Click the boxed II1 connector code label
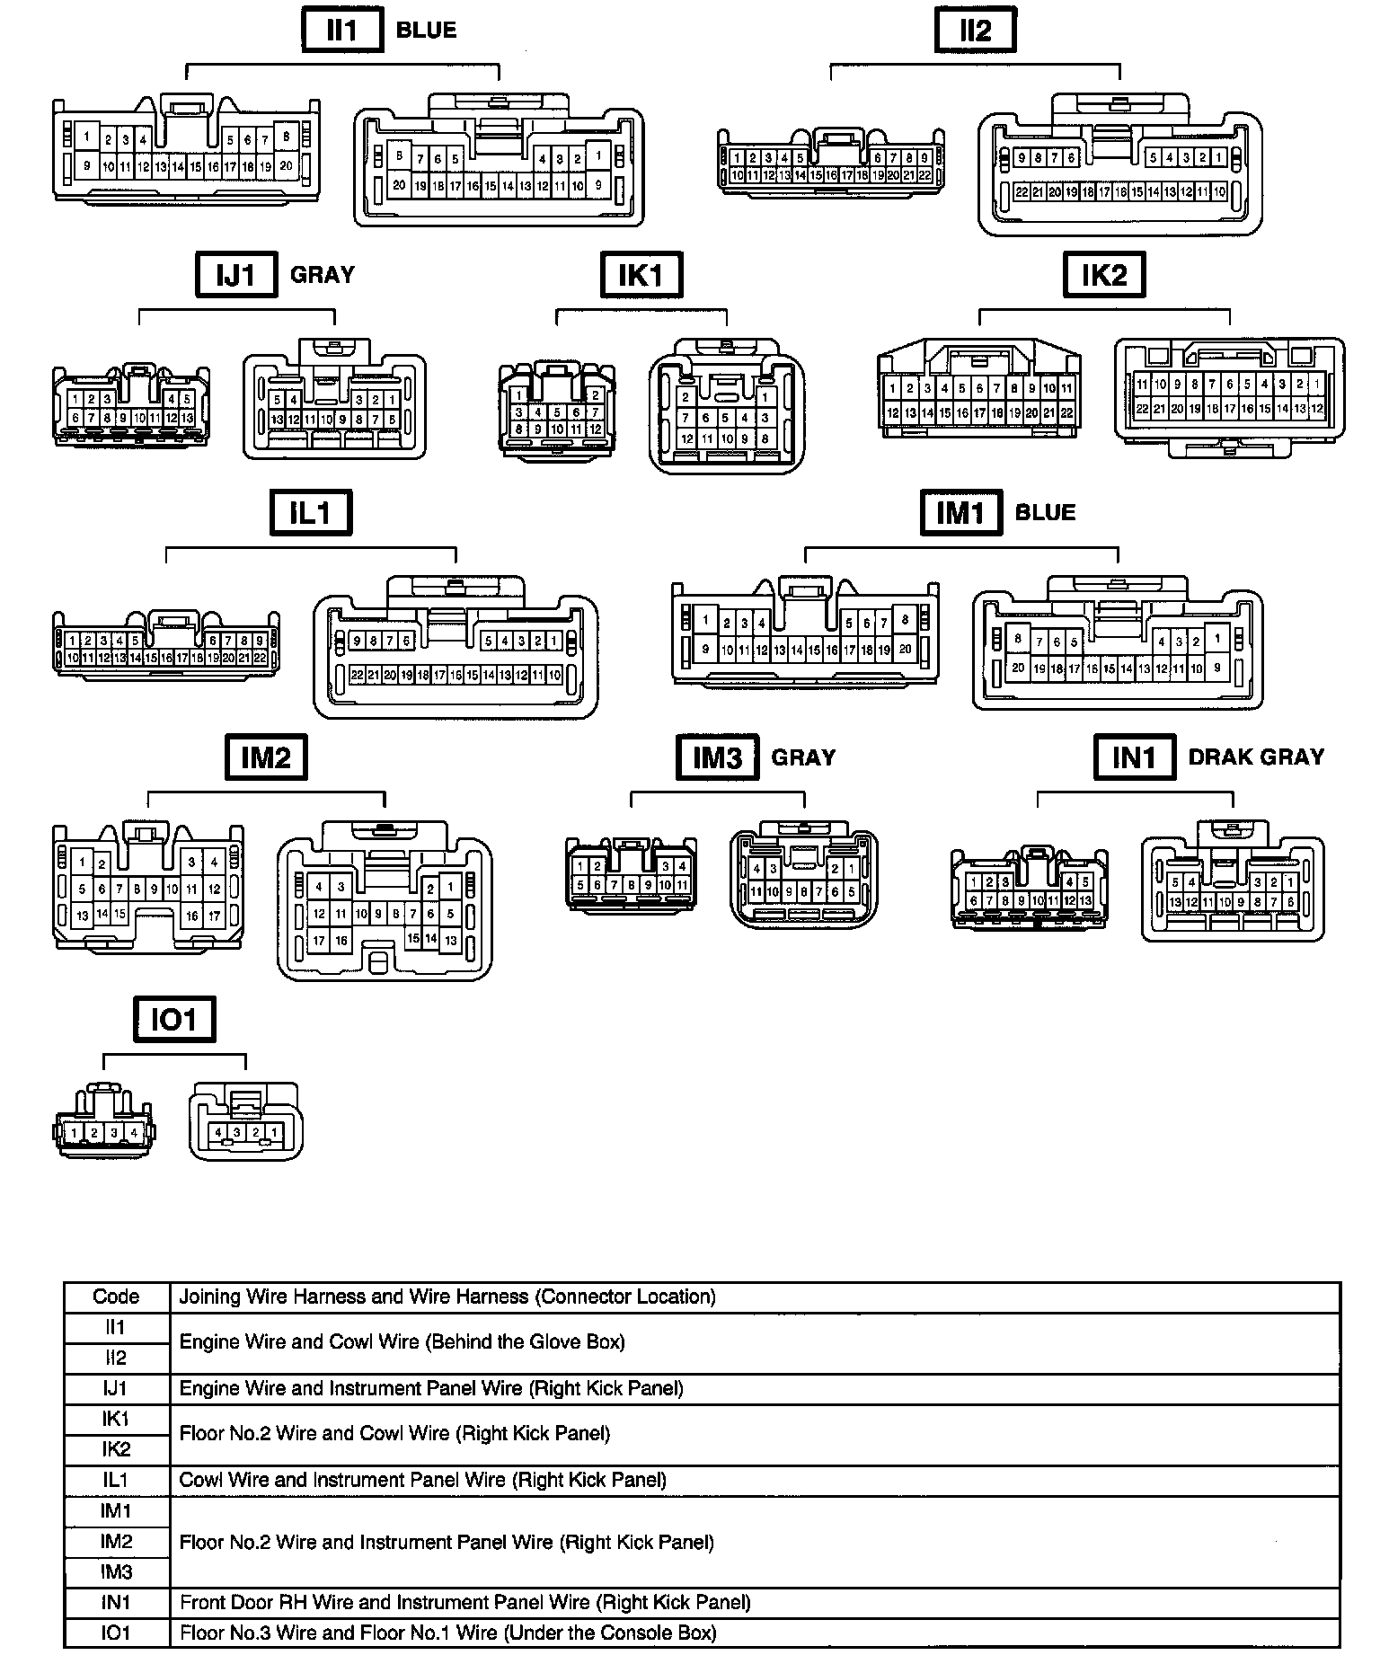[341, 31]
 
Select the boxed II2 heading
[975, 31]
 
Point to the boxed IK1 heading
[641, 274]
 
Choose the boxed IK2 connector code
[1103, 274]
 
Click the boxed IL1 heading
[311, 512]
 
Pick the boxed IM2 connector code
[266, 757]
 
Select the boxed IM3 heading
[717, 757]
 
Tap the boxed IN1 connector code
[1134, 757]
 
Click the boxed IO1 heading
[174, 1020]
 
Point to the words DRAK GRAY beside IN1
[1256, 757]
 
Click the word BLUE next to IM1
[1045, 512]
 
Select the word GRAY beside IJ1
[323, 274]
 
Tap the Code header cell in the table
[116, 1297]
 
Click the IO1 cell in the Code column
[116, 1633]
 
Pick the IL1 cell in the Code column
[116, 1480]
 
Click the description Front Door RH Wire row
[465, 1602]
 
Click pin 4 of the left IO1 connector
[134, 1133]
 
